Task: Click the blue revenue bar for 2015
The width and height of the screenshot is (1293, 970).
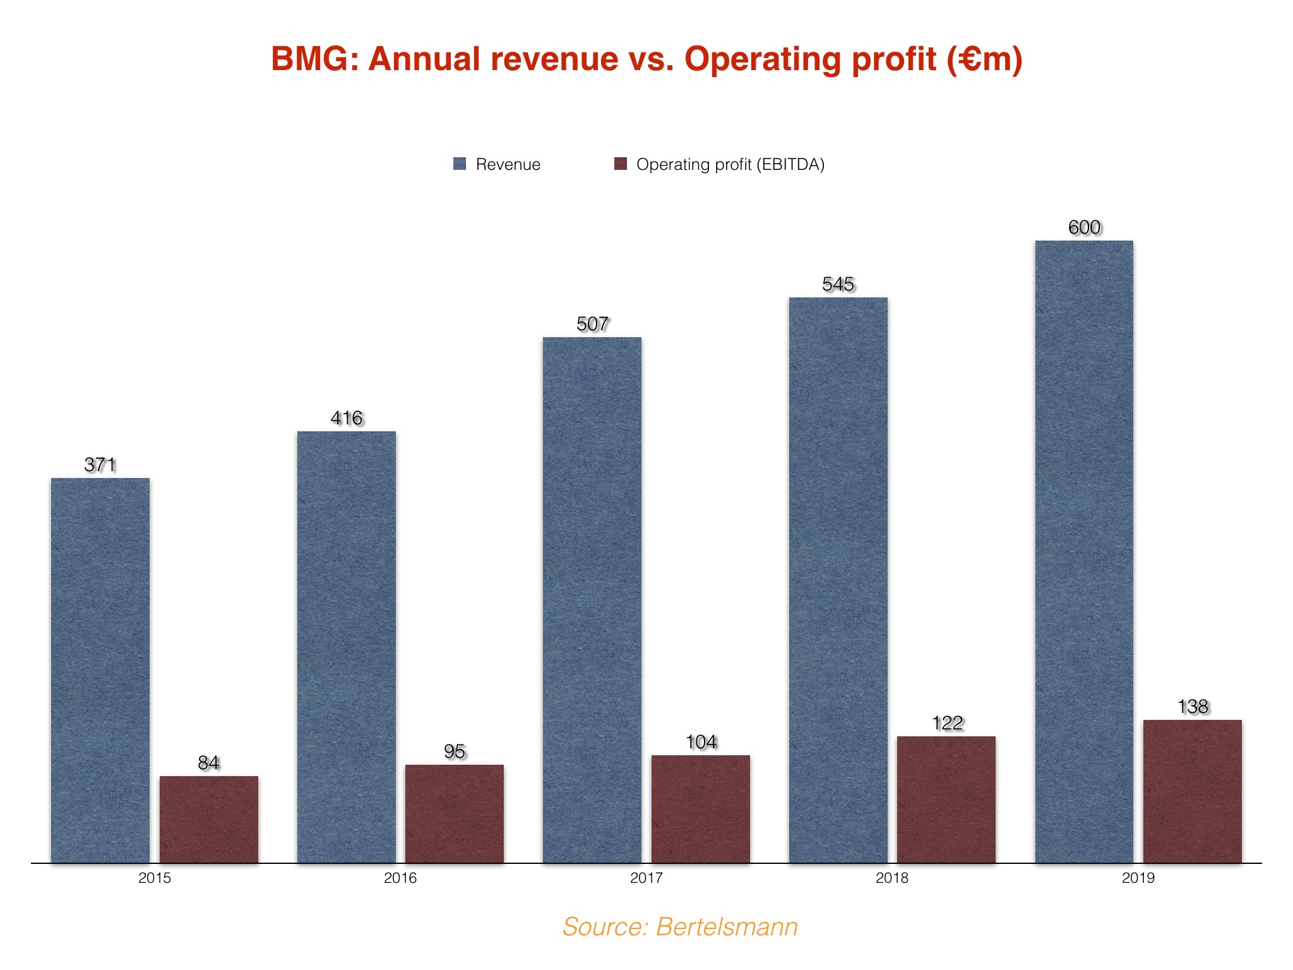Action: (100, 669)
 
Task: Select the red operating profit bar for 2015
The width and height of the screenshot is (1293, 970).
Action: (209, 819)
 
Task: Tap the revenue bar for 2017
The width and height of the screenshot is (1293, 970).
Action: (592, 600)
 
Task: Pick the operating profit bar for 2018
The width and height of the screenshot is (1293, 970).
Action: (946, 799)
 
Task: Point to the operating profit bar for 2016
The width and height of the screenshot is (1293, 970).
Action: (455, 813)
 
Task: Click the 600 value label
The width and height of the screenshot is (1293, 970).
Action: (1084, 227)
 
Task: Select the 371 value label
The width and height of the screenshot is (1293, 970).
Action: (100, 465)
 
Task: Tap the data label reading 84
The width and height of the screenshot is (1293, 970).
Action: (209, 763)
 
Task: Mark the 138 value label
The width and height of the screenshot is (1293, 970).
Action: (1193, 707)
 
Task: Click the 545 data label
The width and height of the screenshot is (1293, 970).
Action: (838, 284)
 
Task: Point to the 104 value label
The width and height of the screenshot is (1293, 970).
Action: (701, 742)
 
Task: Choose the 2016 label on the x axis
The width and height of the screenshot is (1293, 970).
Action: (400, 878)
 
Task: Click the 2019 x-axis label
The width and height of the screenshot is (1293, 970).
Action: (1138, 878)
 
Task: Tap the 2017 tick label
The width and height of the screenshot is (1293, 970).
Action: (646, 878)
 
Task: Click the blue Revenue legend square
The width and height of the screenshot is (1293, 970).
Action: (460, 164)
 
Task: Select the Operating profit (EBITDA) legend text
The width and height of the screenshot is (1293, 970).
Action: (730, 164)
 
